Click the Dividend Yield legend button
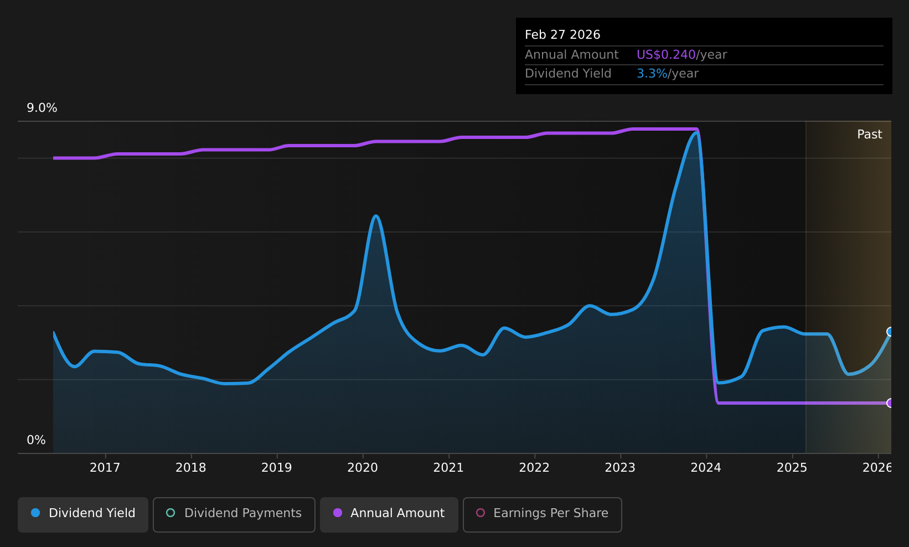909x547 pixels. [83, 514]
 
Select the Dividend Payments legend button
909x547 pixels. [234, 514]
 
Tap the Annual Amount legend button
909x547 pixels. [389, 514]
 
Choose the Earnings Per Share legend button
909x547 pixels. [542, 514]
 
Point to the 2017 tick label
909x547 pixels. [105, 468]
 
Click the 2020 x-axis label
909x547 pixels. [363, 468]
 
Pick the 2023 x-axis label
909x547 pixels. [620, 468]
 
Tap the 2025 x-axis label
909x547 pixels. [792, 468]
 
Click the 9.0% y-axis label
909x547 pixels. [42, 108]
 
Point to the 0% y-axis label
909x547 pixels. [36, 440]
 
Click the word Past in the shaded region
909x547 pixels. [869, 135]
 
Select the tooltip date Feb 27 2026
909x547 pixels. [562, 35]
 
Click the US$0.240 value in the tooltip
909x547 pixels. [666, 55]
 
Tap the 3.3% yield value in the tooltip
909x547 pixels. [652, 74]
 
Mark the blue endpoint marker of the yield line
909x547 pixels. [890, 332]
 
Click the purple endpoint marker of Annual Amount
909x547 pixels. [890, 403]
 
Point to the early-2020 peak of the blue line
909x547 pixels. [376, 216]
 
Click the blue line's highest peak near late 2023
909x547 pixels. [696, 133]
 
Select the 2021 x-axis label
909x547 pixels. [448, 468]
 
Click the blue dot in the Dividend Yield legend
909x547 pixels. [36, 513]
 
